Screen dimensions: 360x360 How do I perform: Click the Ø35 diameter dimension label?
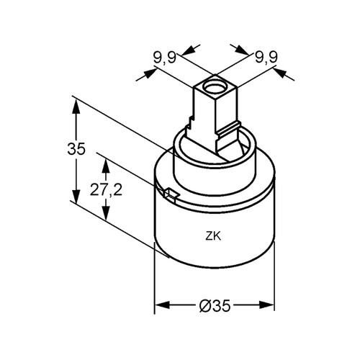(215, 306)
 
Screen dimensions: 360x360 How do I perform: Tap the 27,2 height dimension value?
(106, 189)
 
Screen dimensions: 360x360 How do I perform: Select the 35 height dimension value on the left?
(76, 149)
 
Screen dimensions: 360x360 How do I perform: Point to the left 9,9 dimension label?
(165, 58)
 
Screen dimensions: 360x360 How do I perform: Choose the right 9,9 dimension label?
(266, 58)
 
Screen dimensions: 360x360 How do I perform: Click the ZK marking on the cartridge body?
(213, 236)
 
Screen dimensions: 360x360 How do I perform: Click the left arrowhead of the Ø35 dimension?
(163, 305)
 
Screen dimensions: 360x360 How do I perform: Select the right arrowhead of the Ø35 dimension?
(266, 305)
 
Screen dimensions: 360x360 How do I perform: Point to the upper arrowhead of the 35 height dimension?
(76, 108)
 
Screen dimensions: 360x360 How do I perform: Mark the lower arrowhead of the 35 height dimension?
(76, 197)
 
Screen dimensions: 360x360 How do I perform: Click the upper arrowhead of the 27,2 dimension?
(106, 166)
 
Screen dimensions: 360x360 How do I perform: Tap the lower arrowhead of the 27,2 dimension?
(106, 212)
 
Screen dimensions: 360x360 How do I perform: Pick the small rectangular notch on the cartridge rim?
(171, 194)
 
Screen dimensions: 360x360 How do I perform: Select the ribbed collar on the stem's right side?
(228, 130)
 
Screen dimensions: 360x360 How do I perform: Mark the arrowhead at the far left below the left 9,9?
(149, 73)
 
